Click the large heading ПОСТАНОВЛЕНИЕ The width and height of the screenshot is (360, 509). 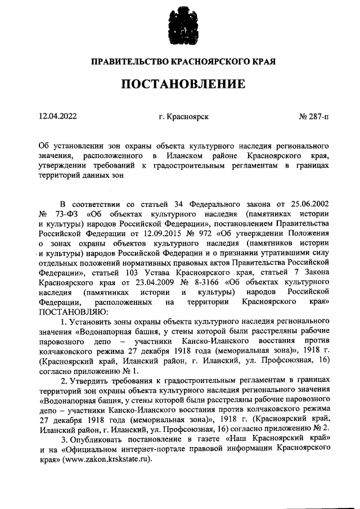coord(179,84)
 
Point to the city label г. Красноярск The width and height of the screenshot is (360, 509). coord(184,117)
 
